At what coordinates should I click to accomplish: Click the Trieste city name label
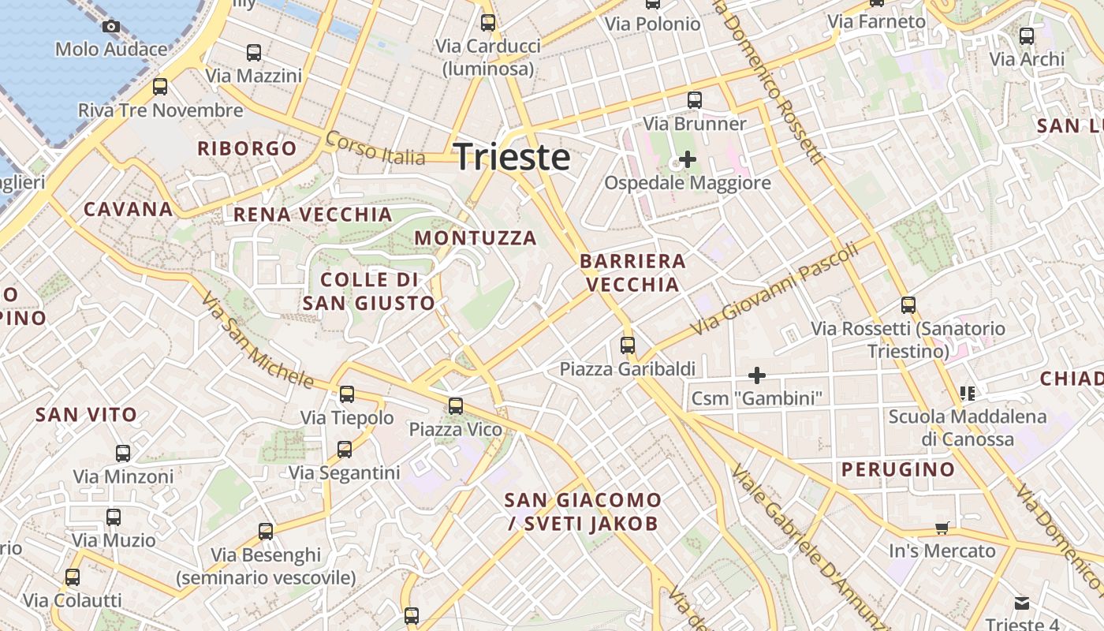(512, 156)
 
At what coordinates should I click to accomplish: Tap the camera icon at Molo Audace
(111, 26)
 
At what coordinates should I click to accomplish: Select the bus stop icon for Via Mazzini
(254, 53)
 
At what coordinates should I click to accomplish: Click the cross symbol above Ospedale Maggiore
(688, 159)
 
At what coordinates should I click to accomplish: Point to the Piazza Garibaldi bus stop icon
(628, 345)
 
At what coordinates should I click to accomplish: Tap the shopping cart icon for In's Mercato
(942, 527)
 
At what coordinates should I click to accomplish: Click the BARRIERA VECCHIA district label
(632, 273)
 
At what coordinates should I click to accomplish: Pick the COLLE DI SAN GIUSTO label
(369, 291)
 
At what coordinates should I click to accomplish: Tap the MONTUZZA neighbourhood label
(476, 237)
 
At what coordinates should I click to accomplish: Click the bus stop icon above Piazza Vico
(456, 406)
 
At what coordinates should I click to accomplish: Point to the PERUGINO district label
(898, 470)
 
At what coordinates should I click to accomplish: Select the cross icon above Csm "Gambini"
(757, 375)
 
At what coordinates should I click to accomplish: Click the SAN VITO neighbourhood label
(86, 414)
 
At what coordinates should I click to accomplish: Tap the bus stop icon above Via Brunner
(695, 100)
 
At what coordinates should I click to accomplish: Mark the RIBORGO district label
(247, 148)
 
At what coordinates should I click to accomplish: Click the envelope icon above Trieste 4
(1022, 604)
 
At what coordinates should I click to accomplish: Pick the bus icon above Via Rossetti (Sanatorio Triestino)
(908, 305)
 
